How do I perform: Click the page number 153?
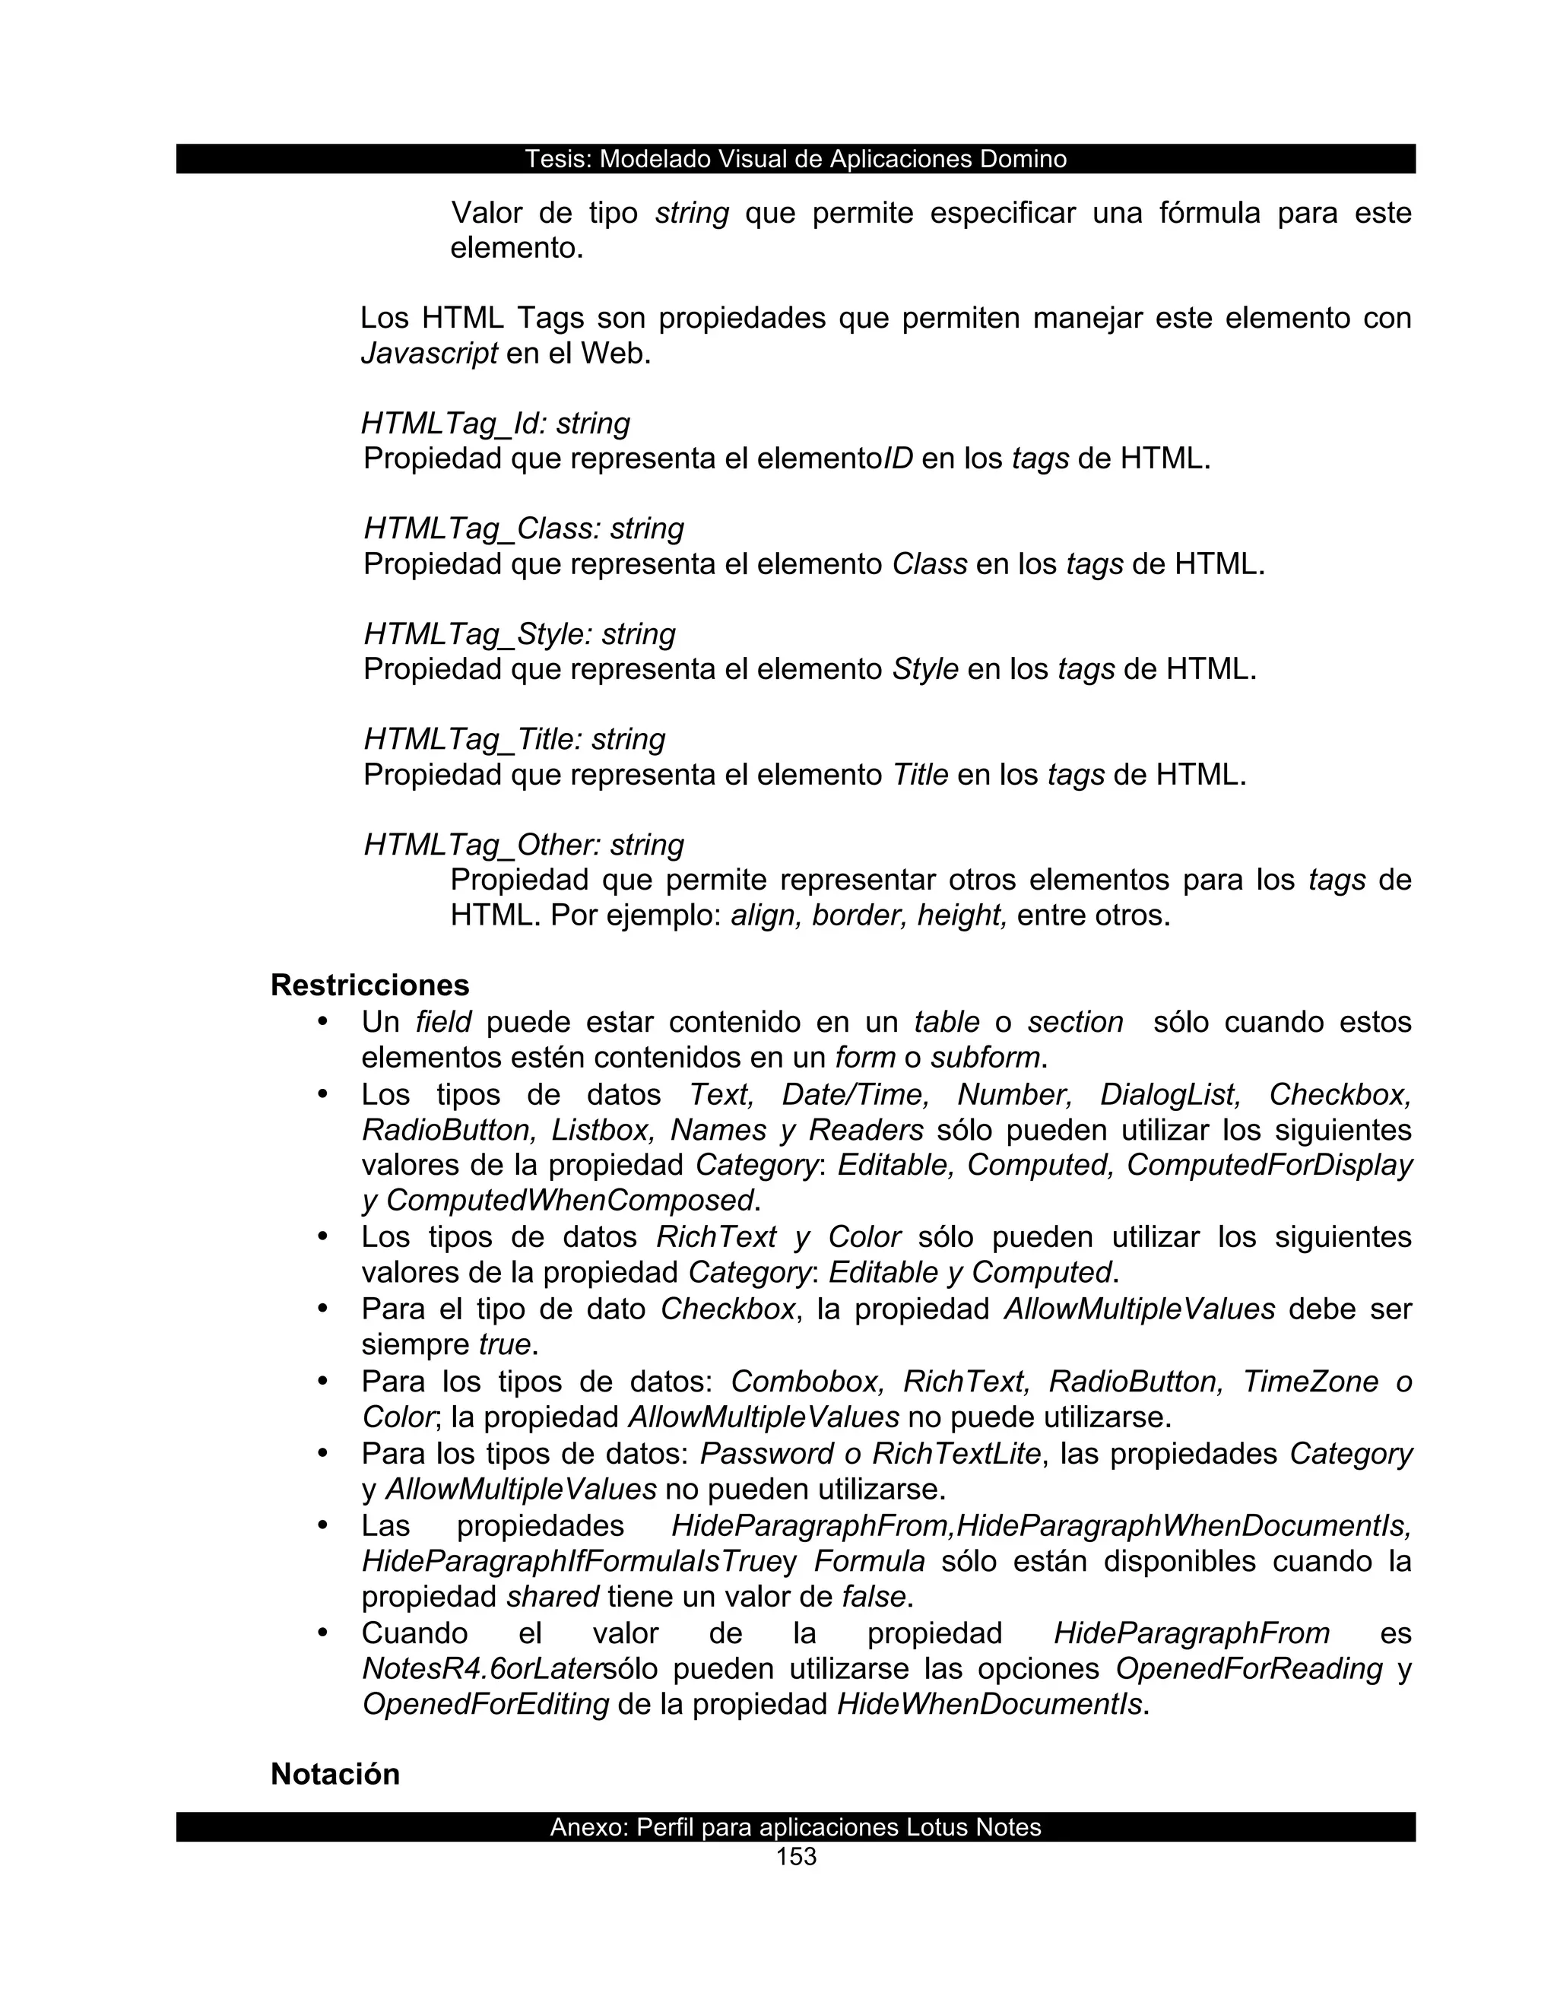click(x=796, y=1856)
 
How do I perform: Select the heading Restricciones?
click(x=370, y=985)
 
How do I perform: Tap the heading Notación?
click(x=335, y=1773)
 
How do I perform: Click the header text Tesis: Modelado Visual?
click(x=795, y=159)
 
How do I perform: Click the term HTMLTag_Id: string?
click(x=496, y=424)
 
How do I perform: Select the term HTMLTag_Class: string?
click(x=524, y=528)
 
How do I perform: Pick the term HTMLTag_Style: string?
click(x=519, y=634)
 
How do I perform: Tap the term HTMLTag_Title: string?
click(x=514, y=739)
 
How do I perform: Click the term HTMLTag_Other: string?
click(x=524, y=844)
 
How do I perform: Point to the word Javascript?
click(x=429, y=354)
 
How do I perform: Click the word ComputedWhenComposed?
click(x=570, y=1201)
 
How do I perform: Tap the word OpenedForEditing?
click(x=486, y=1703)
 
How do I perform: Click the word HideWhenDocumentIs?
click(x=989, y=1703)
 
